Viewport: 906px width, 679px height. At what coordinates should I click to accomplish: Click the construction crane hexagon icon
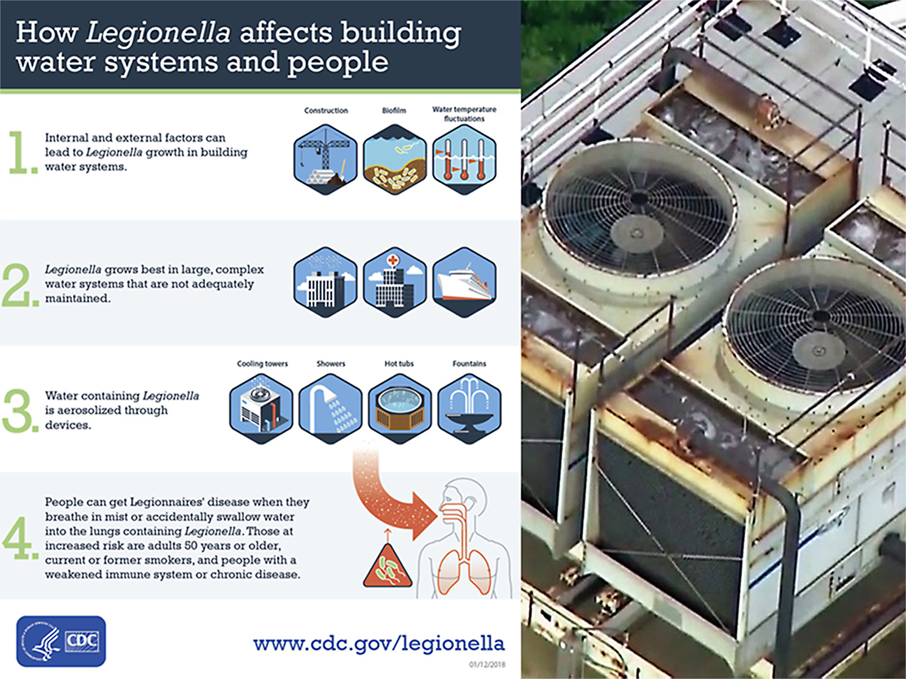(x=326, y=159)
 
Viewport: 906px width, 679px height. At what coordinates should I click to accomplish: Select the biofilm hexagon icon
(x=395, y=159)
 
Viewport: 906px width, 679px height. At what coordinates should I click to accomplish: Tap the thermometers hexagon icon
(x=464, y=159)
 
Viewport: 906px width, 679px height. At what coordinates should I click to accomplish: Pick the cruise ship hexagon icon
(x=464, y=282)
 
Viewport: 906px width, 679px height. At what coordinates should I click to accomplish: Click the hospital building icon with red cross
(x=395, y=282)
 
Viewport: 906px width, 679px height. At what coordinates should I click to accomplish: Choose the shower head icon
(x=330, y=409)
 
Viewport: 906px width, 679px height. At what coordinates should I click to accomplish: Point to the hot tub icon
(x=400, y=409)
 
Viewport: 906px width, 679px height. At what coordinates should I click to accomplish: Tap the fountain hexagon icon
(x=469, y=409)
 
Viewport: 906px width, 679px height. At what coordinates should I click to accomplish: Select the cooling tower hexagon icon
(x=261, y=409)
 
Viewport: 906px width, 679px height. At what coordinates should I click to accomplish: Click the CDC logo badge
(x=61, y=641)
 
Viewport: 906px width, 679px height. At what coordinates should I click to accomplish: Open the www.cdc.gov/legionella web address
(x=379, y=643)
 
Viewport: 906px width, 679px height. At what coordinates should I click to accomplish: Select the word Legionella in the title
(x=158, y=33)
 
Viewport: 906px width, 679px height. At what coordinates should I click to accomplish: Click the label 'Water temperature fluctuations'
(x=464, y=114)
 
